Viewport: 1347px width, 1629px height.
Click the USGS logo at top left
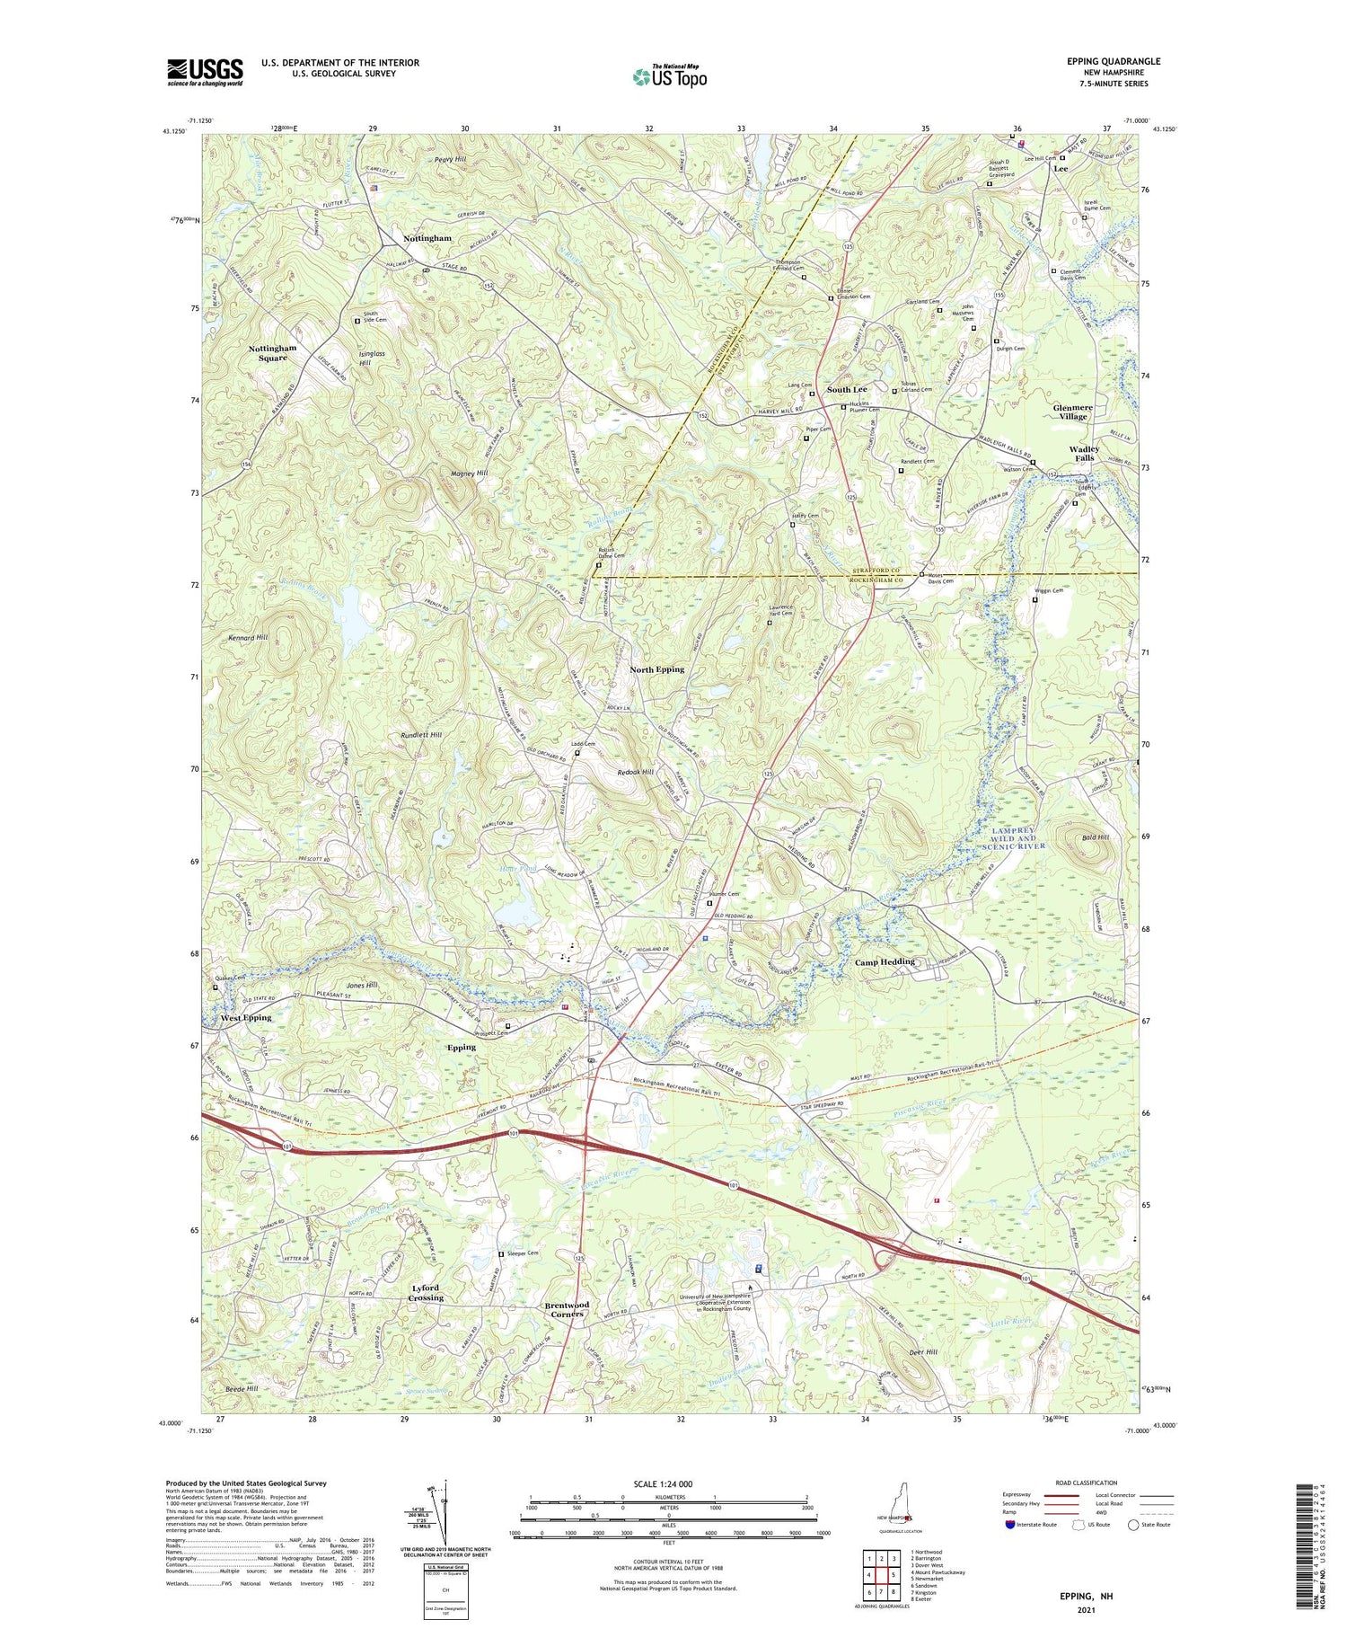[205, 72]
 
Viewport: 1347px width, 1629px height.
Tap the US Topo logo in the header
[669, 76]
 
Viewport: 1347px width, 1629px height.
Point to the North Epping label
[656, 669]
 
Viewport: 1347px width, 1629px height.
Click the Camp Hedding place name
[885, 961]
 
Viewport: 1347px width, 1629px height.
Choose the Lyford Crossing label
[426, 1293]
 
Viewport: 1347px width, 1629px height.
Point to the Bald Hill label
[1095, 837]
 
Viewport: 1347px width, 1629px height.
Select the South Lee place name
[847, 389]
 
